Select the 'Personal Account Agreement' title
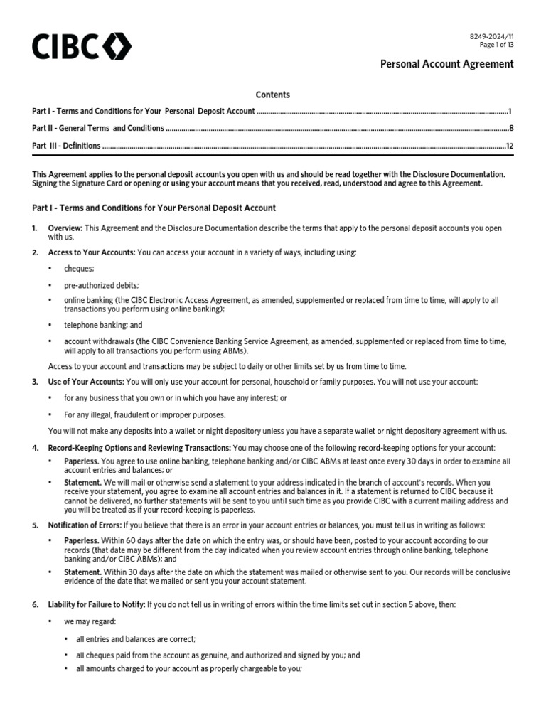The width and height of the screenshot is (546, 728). pos(447,65)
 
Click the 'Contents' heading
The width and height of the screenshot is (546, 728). pos(273,95)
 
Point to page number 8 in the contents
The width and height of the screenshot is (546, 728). pos(511,129)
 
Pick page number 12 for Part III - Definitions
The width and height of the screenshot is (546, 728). pos(509,146)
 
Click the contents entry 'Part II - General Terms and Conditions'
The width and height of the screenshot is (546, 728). pos(98,129)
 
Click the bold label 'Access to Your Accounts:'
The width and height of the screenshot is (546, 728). pos(91,252)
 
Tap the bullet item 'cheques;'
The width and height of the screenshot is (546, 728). pos(79,268)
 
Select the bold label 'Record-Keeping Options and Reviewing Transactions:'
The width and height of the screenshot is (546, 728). pos(139,447)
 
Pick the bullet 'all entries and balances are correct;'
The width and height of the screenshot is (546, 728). pos(135,638)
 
